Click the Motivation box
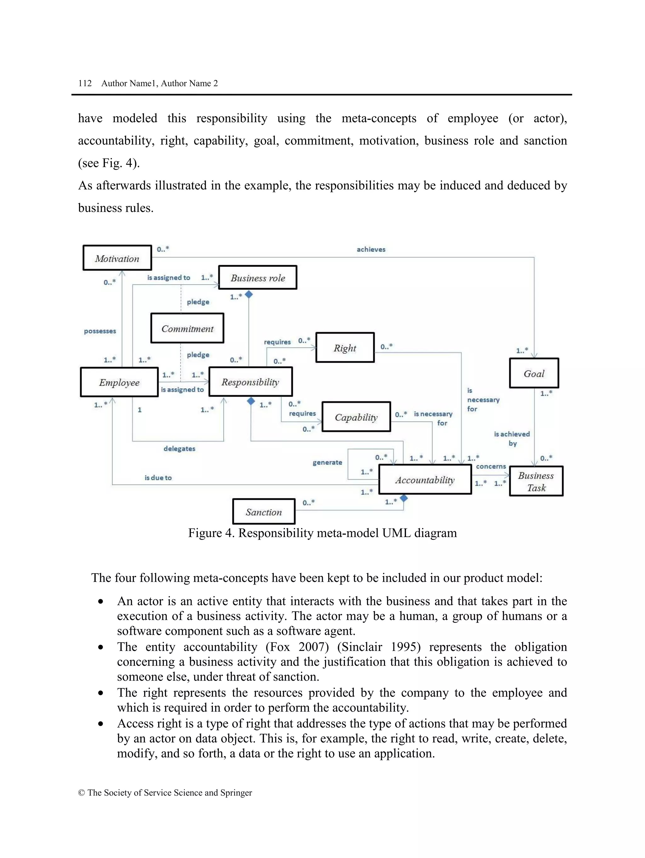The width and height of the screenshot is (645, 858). click(x=117, y=258)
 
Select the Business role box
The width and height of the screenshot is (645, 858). click(x=257, y=278)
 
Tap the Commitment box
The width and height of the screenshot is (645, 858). click(x=187, y=329)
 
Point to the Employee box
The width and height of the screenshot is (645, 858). click(x=119, y=382)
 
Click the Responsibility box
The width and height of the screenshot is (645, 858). click(x=250, y=382)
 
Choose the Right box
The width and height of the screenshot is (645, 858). click(x=345, y=348)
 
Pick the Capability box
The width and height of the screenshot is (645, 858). click(x=356, y=417)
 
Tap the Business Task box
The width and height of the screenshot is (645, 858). click(x=536, y=481)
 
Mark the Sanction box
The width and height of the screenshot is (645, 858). click(x=264, y=512)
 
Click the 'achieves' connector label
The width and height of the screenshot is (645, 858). click(x=371, y=249)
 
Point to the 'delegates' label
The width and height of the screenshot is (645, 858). click(x=179, y=449)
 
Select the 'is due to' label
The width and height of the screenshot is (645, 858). click(x=158, y=478)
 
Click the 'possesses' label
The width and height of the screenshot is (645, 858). click(x=100, y=331)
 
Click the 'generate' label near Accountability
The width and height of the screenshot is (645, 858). click(x=327, y=462)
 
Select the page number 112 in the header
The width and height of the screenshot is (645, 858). click(x=85, y=83)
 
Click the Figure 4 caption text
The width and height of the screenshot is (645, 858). click(x=322, y=533)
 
